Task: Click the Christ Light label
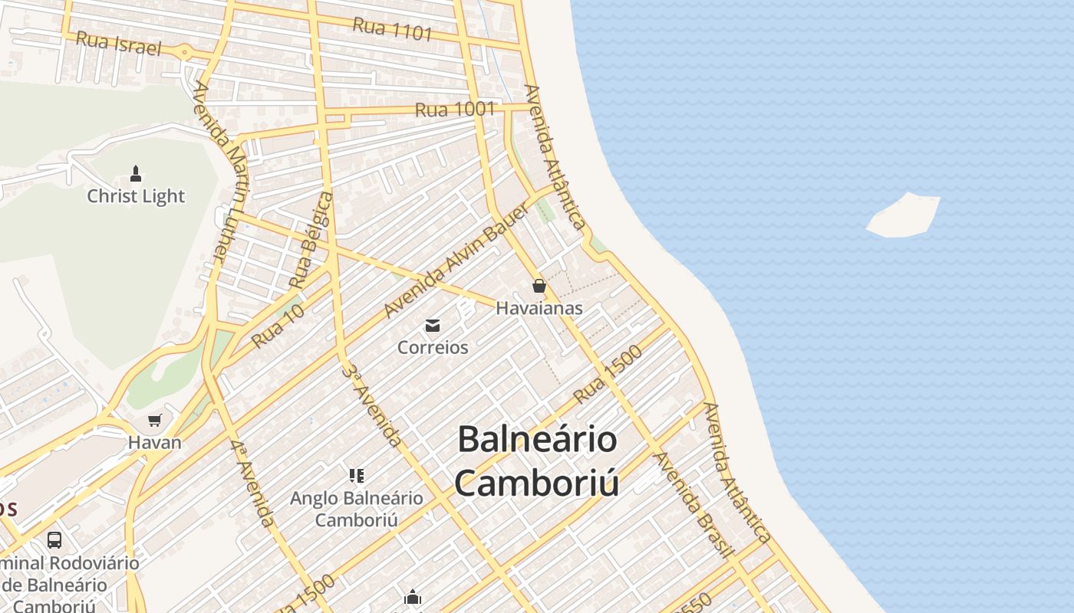pos(136,196)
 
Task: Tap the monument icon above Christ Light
pos(136,173)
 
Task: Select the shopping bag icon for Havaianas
pos(539,287)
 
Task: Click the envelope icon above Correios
pos(433,326)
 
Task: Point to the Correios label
pos(433,347)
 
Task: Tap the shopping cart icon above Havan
pos(155,420)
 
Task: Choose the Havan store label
pos(155,442)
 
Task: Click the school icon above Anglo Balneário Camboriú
pos(356,476)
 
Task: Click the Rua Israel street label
pos(119,43)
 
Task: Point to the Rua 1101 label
pos(393,28)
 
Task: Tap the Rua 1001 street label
pos(455,110)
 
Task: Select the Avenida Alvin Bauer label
pos(456,261)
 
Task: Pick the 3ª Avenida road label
pos(372,406)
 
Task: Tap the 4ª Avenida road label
pos(252,483)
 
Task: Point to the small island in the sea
pos(904,215)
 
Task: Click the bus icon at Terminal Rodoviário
pos(54,539)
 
